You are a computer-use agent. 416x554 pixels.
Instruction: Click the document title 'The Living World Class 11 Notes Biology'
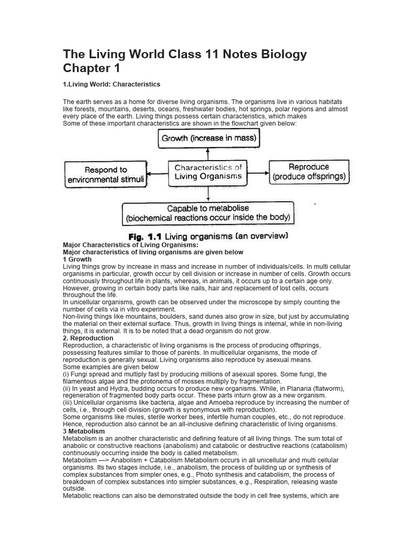point(185,54)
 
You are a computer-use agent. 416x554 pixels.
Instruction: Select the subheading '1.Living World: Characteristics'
point(112,84)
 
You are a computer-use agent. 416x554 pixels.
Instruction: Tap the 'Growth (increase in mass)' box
point(209,138)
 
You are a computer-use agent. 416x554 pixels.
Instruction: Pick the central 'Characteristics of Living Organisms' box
point(208,172)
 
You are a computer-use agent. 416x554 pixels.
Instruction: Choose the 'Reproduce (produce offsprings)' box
point(308,172)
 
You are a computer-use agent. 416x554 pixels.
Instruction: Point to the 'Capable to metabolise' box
point(208,213)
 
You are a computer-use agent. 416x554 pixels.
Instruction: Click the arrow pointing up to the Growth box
point(209,154)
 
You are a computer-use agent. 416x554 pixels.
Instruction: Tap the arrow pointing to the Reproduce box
point(258,174)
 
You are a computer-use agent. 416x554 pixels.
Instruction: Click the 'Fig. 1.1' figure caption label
point(145,236)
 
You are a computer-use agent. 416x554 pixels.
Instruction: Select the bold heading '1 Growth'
point(77,259)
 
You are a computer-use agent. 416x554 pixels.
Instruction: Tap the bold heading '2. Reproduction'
point(88,338)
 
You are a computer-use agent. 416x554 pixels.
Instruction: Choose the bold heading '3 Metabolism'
point(84,431)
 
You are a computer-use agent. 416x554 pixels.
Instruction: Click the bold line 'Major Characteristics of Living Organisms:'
point(127,245)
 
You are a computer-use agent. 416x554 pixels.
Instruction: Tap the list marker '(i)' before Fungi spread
point(66,374)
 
